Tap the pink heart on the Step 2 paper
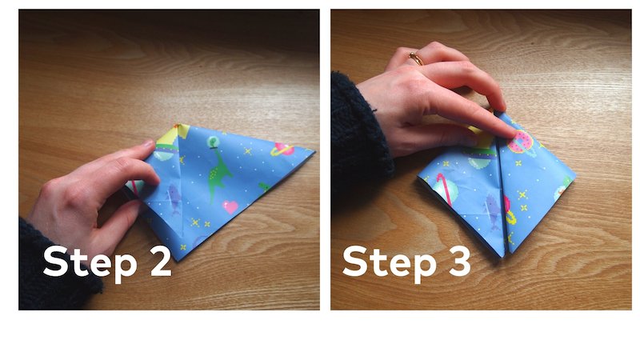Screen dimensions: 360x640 point(230,207)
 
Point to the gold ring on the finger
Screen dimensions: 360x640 point(416,58)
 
